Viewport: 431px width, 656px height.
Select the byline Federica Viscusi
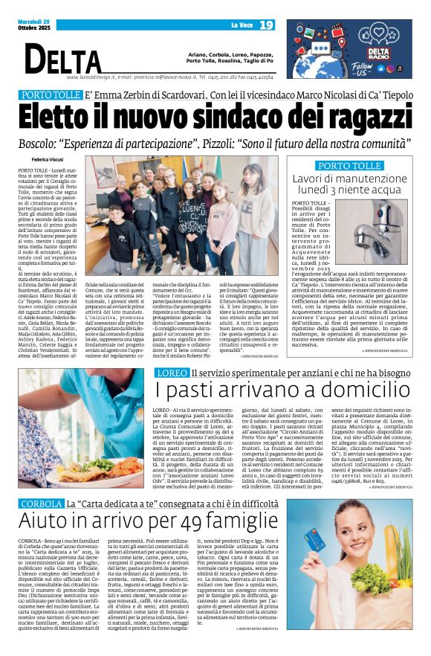pos(48,158)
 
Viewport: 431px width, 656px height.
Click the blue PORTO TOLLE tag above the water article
pos(349,165)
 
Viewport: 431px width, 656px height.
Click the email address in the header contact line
pos(189,77)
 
